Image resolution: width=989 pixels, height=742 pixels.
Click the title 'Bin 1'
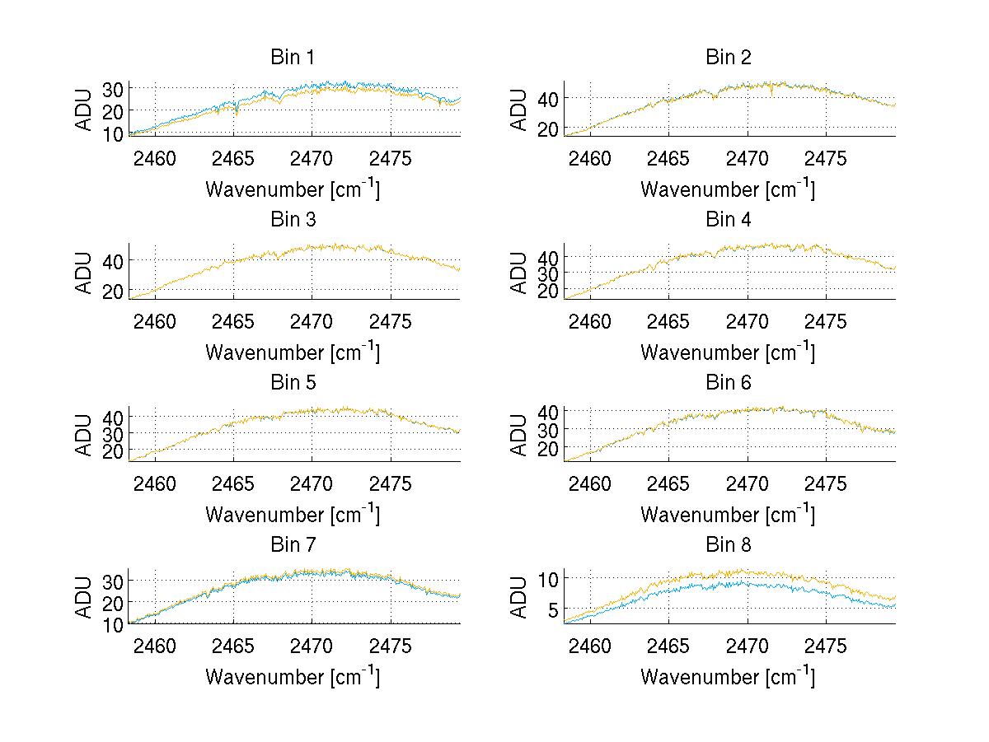pos(293,58)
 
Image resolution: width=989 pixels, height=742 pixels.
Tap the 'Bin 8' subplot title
pos(729,545)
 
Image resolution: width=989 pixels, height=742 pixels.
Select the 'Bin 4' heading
pos(729,220)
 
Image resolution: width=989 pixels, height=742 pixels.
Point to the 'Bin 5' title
pos(293,383)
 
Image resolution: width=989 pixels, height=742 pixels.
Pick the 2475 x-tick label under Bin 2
pos(826,158)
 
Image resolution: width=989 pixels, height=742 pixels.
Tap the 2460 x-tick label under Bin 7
pos(155,646)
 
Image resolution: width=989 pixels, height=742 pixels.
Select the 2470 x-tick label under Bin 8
pos(748,646)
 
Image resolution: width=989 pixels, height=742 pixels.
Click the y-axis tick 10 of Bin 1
pos(113,133)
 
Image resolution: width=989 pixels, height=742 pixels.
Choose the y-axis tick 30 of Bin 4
pos(548,273)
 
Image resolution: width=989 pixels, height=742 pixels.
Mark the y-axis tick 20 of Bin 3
pos(113,291)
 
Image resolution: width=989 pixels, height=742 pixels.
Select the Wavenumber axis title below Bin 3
pos(293,352)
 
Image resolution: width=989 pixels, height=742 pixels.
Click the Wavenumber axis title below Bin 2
pos(729,189)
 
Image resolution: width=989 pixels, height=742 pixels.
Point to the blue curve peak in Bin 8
pos(742,582)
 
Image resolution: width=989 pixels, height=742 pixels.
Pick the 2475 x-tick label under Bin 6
pos(826,483)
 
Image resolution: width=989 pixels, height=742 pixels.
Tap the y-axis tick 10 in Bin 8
pos(548,578)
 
